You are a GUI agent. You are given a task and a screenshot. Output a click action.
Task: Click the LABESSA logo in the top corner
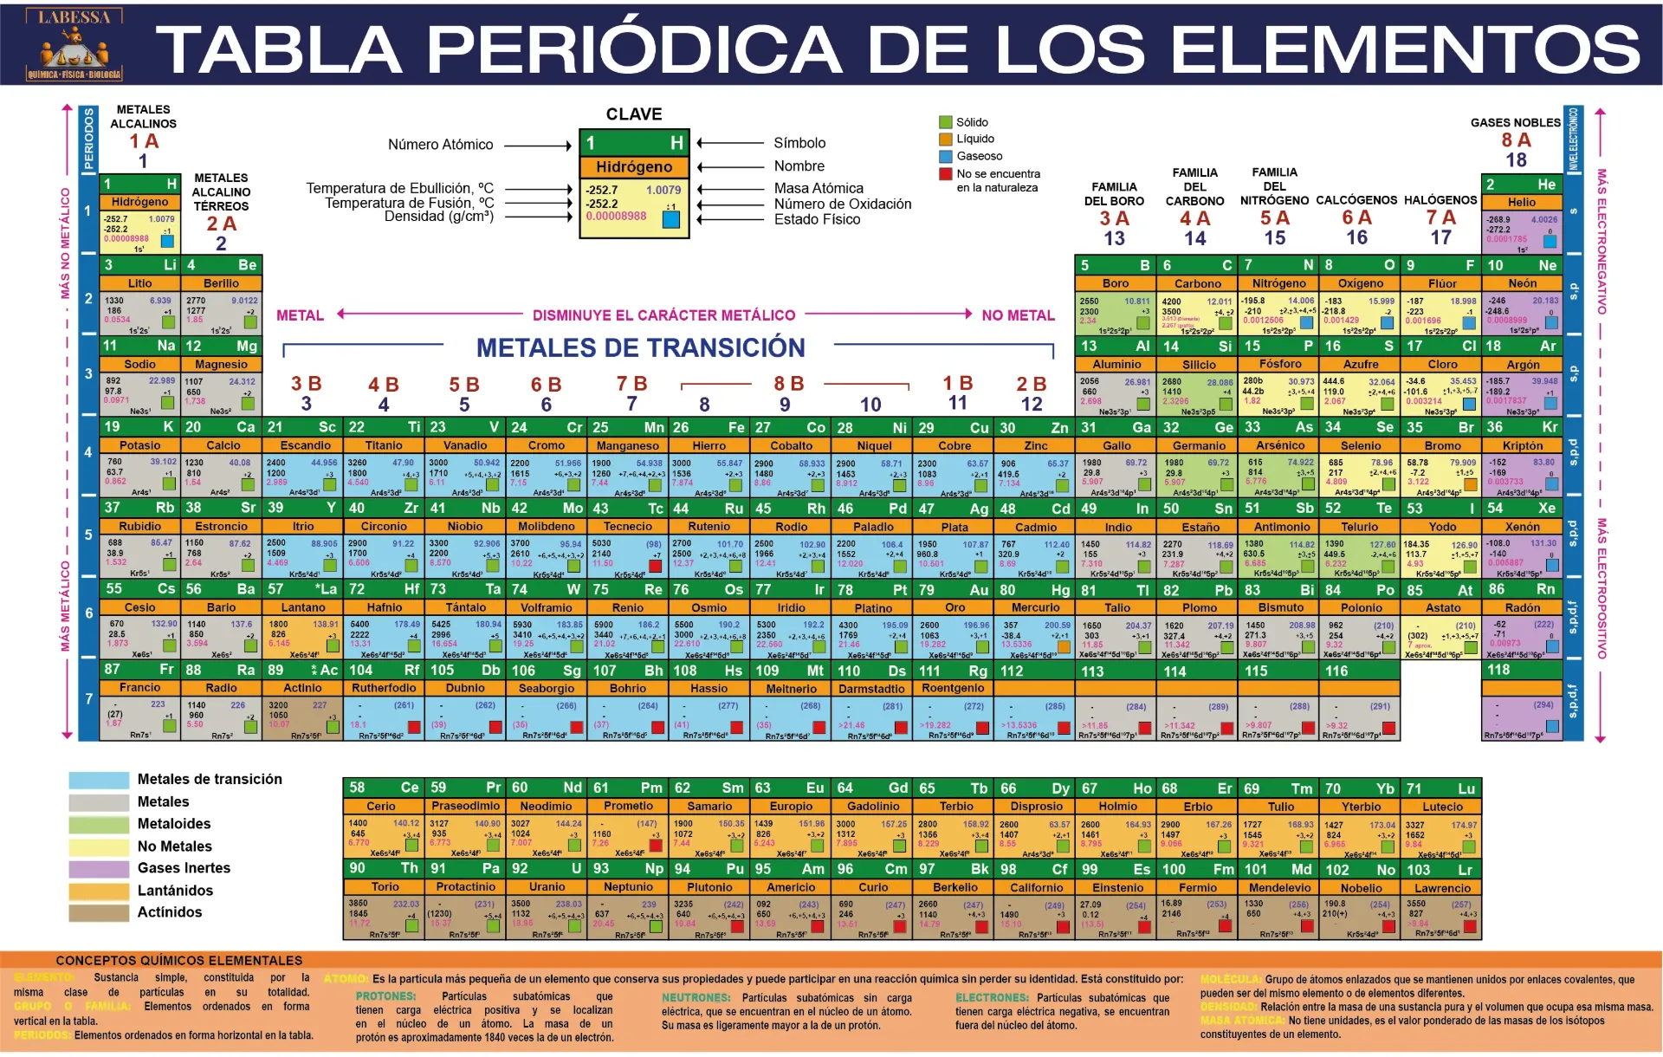tap(74, 45)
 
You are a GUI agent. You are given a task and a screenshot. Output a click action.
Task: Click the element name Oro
tap(954, 607)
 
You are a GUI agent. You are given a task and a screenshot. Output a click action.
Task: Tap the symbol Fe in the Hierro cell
tap(736, 427)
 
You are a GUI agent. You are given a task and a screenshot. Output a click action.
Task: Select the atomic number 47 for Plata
tap(927, 509)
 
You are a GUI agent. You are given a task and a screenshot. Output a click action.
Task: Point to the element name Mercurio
tap(1036, 607)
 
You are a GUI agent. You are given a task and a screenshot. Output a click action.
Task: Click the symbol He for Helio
tap(1547, 185)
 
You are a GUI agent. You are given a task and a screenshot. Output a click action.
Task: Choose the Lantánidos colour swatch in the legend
tap(99, 891)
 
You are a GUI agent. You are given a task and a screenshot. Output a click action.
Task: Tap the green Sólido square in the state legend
tap(946, 122)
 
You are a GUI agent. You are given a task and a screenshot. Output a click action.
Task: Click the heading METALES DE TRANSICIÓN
tap(641, 347)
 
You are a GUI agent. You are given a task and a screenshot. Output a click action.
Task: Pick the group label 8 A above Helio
tap(1517, 140)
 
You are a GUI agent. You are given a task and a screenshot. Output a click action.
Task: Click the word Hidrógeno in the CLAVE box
tap(634, 167)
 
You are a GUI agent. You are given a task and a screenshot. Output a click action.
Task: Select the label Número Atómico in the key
tap(440, 145)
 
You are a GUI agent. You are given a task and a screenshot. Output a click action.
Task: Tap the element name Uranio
tap(547, 887)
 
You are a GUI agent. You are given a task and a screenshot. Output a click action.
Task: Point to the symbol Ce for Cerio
tap(410, 788)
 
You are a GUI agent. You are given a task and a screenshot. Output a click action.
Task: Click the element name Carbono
tap(1198, 283)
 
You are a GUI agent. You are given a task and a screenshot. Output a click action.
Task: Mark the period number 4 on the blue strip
tap(88, 452)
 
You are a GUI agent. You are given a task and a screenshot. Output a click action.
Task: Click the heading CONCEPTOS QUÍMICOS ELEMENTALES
tap(179, 960)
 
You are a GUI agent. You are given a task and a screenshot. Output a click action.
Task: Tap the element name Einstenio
tap(1117, 887)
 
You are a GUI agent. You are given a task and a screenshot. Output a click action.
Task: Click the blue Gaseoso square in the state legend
tap(946, 156)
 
